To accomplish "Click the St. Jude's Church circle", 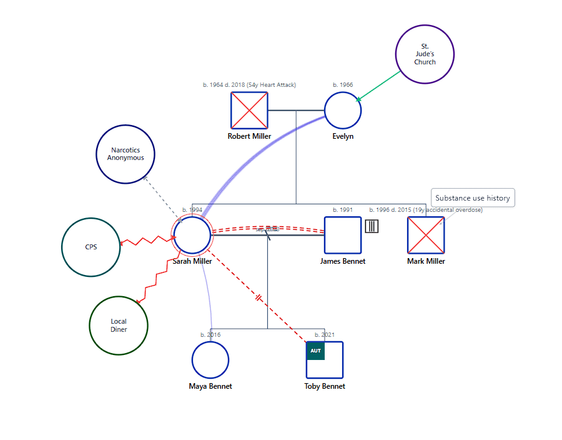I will tap(425, 54).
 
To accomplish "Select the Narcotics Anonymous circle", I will tap(126, 154).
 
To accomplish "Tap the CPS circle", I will tap(91, 247).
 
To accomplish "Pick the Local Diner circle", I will tap(119, 326).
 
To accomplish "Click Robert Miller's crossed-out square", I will tap(249, 111).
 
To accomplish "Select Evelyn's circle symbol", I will tap(343, 111).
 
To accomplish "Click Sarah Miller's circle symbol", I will tap(192, 235).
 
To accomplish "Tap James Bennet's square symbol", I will tap(343, 235).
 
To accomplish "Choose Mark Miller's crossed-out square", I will tap(426, 235).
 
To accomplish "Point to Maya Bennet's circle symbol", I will tap(210, 360).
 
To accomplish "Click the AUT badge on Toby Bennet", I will tap(315, 351).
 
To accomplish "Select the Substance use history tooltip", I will tap(473, 198).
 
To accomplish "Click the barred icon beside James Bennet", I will tap(372, 226).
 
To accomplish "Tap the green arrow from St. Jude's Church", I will tap(378, 86).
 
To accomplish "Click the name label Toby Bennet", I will tap(325, 386).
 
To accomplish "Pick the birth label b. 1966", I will tap(343, 84).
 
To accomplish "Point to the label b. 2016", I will tap(210, 334).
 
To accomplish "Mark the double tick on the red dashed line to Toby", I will tap(259, 298).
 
